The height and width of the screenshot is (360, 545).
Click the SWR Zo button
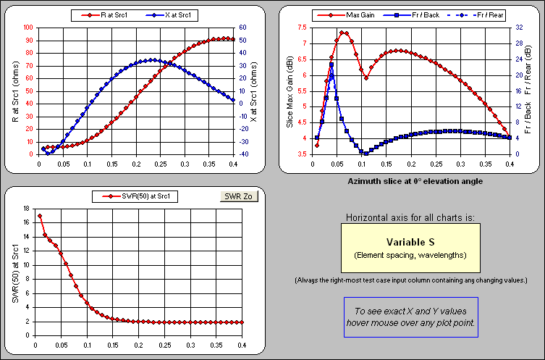click(237, 196)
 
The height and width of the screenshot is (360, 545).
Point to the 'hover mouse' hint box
click(410, 317)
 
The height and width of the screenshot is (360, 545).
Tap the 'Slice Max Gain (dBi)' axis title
click(290, 91)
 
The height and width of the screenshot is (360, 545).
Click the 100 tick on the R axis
click(28, 28)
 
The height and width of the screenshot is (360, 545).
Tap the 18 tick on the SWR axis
click(26, 209)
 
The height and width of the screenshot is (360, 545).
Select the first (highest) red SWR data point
click(40, 216)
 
